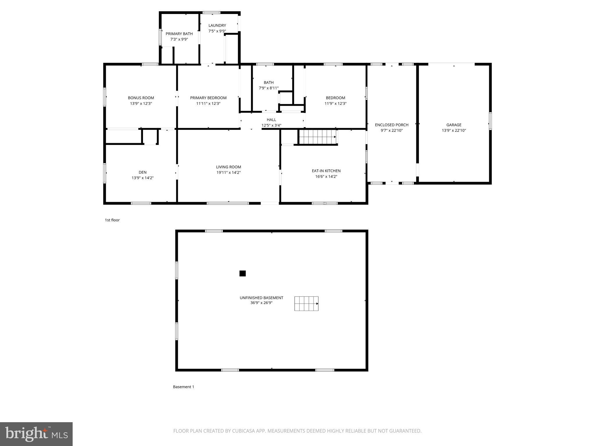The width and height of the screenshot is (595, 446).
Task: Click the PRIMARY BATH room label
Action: pos(179,34)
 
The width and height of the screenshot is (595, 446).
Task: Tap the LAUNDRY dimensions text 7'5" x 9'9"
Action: pos(217,31)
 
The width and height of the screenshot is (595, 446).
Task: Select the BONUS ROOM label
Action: pos(141,98)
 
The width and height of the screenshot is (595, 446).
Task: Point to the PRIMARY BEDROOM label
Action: pos(208,98)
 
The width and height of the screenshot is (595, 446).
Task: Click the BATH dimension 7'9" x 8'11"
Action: pos(268,88)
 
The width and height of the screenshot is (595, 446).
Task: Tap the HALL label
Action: pos(271,120)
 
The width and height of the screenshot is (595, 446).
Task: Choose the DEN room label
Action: pos(142,172)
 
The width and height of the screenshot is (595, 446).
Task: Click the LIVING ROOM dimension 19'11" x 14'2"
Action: pos(228,172)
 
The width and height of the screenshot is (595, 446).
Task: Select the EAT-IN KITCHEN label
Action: pos(326,171)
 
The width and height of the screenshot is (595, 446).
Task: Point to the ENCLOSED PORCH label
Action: pos(391,125)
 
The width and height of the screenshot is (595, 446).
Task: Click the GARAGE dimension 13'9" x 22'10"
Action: pos(454,130)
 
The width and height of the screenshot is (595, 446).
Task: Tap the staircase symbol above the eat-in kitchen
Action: pos(318,137)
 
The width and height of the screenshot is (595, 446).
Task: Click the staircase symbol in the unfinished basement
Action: pos(306,303)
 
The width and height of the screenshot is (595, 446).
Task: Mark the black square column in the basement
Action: pos(242,273)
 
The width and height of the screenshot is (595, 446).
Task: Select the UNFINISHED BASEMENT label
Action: pos(261,298)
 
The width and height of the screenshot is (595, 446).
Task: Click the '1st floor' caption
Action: pos(112,220)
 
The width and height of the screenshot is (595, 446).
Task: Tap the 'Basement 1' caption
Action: pos(183,387)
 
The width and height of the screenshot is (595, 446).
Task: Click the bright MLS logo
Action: pos(36,434)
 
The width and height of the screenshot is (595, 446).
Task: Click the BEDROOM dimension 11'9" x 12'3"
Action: pos(335,103)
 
